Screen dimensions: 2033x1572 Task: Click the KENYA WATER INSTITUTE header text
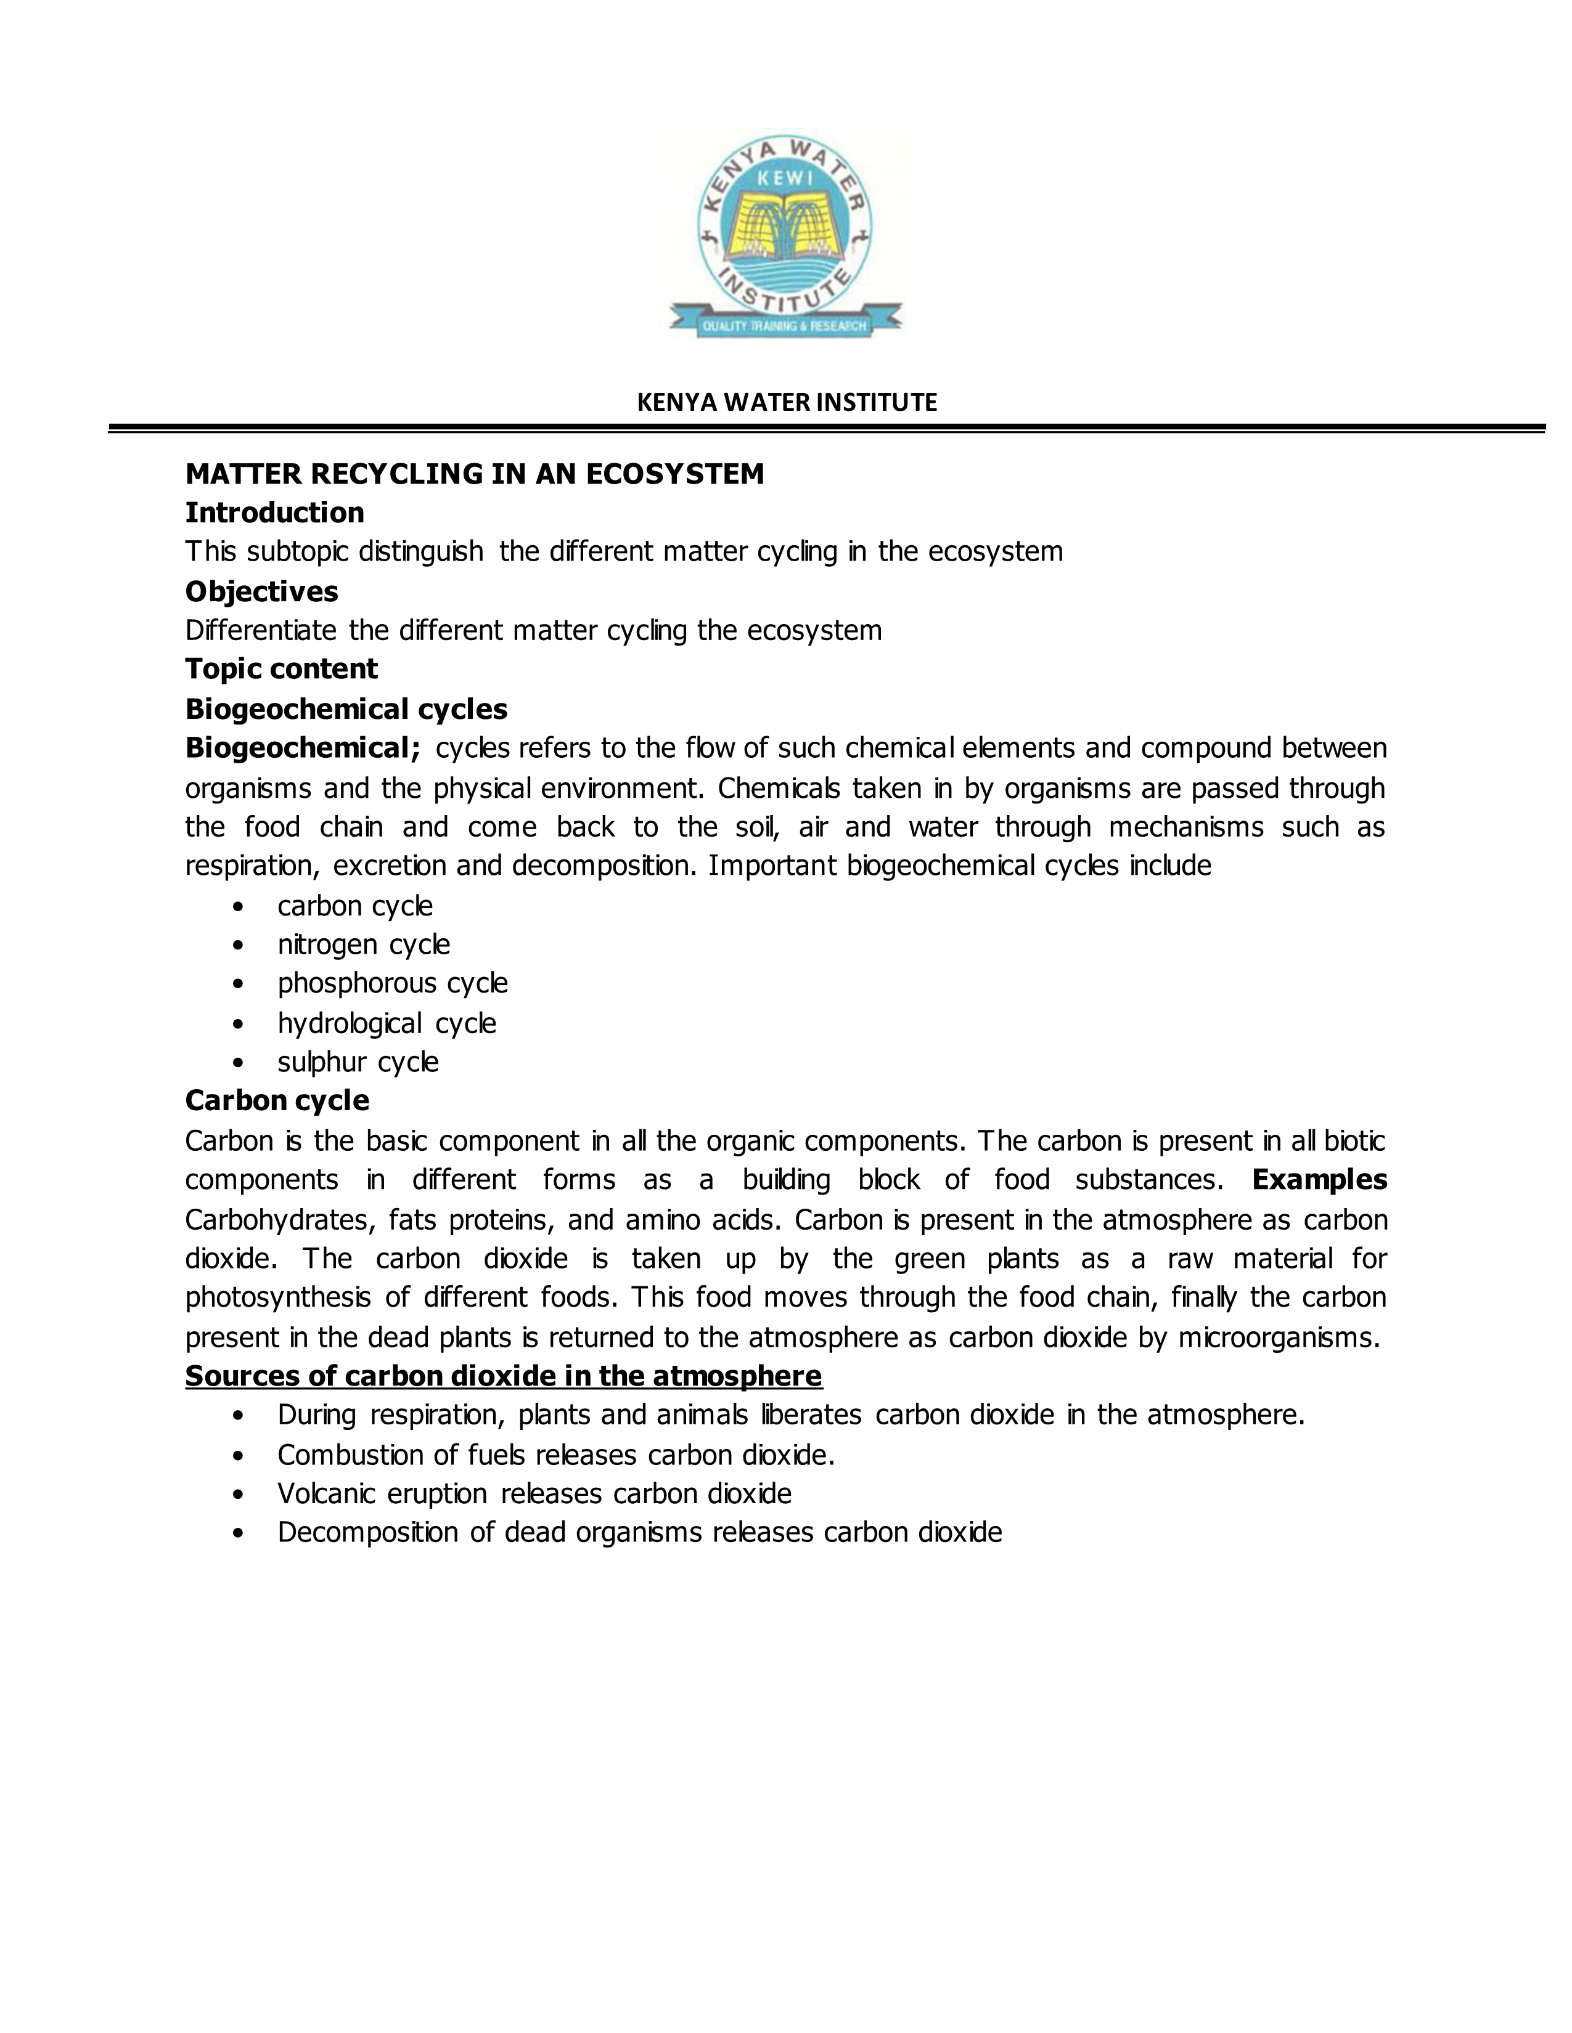[x=786, y=402]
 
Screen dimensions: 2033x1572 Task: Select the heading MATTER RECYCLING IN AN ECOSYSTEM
[x=474, y=474]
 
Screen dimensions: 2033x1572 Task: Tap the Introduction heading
[x=275, y=513]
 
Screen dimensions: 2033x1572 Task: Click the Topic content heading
[x=281, y=668]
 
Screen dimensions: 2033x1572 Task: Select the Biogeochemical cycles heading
[x=346, y=709]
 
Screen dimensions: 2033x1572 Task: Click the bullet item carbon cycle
[x=355, y=906]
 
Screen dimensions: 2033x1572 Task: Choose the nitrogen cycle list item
[x=363, y=945]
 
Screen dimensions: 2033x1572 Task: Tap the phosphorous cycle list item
[x=392, y=983]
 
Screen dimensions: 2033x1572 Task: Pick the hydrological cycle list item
[x=387, y=1023]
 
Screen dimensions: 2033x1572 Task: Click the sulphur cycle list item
[x=358, y=1062]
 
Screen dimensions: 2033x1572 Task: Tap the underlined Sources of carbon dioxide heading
[x=503, y=1376]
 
